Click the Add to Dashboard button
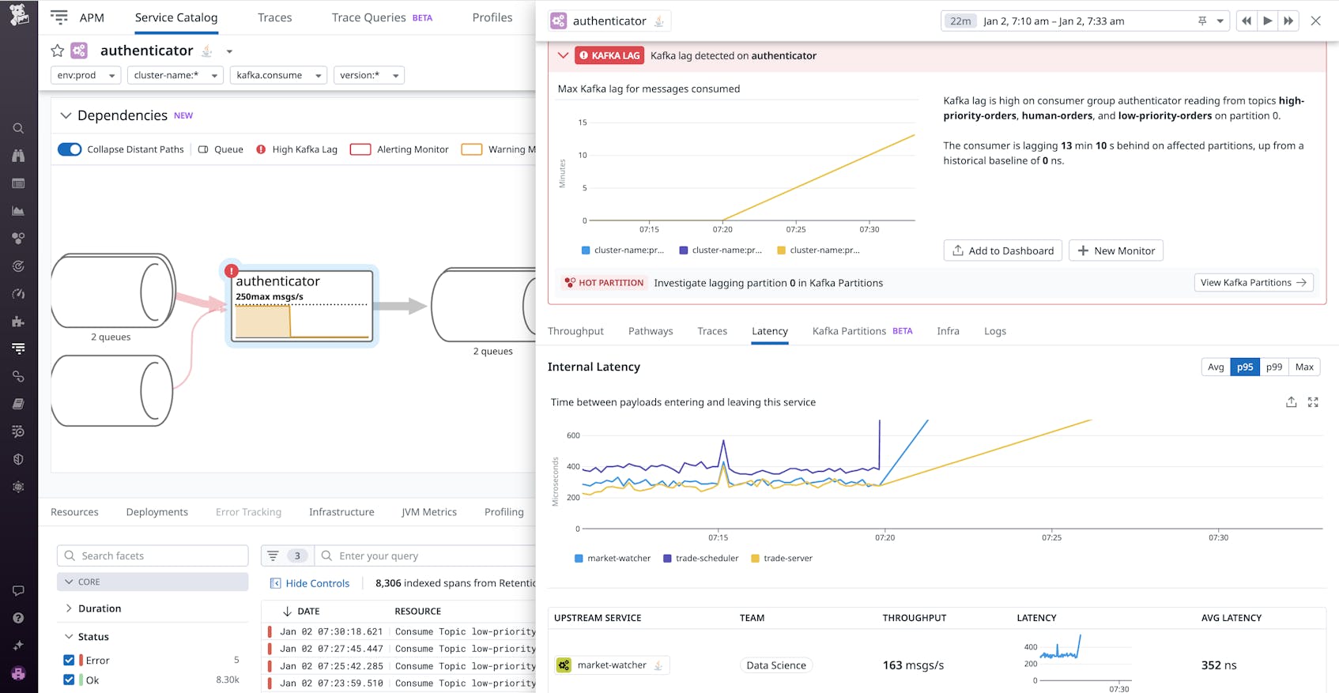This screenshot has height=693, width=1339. (1002, 250)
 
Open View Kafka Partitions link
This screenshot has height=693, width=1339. (1253, 282)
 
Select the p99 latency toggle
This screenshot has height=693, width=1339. (1273, 367)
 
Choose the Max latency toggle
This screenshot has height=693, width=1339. (1304, 367)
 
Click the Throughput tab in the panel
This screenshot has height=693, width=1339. (575, 331)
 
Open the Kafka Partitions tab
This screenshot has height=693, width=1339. (849, 331)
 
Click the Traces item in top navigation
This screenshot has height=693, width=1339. (274, 17)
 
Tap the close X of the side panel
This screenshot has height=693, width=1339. (1315, 21)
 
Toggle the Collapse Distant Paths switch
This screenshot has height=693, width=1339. (70, 149)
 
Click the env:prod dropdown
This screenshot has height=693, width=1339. (86, 75)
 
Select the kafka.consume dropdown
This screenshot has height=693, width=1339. (278, 75)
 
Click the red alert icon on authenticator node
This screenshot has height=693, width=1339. (231, 271)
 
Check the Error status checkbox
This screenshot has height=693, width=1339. (69, 660)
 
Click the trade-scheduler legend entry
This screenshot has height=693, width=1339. (706, 558)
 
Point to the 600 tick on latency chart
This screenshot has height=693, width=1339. (573, 435)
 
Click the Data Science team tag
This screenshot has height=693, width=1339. (775, 665)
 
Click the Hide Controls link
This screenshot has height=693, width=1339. (317, 583)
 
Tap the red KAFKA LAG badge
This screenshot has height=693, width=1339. (609, 55)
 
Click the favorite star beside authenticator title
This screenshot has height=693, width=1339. (57, 51)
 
